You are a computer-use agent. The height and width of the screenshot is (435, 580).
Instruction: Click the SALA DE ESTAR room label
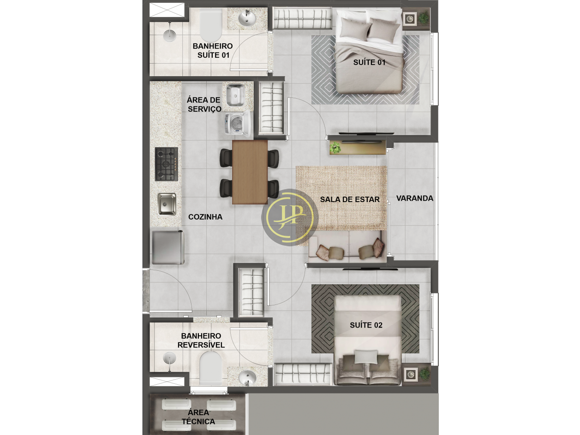[350, 199]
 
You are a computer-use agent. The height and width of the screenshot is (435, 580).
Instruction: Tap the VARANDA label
[415, 198]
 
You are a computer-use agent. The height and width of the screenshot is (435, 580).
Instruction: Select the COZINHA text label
[205, 217]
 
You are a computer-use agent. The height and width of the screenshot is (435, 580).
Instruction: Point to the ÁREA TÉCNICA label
[198, 417]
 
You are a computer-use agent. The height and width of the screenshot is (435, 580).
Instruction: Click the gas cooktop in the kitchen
[167, 164]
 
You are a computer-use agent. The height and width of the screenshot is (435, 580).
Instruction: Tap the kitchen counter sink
[167, 204]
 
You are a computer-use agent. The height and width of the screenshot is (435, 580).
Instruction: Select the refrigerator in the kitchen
[168, 247]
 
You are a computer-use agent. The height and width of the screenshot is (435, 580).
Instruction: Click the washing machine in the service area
[237, 124]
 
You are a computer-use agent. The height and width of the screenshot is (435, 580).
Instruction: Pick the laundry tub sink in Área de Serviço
[235, 95]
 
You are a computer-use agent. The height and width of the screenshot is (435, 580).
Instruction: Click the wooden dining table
[250, 172]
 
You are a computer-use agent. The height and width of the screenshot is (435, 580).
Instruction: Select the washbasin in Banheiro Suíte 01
[247, 18]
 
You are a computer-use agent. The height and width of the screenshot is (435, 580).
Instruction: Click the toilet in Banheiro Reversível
[210, 368]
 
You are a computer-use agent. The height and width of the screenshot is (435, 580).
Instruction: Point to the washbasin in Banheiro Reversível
[247, 378]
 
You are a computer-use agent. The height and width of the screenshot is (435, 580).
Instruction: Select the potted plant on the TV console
[335, 148]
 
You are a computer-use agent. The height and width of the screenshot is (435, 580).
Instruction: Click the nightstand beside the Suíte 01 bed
[410, 19]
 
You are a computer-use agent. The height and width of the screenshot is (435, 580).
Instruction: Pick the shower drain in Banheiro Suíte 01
[169, 35]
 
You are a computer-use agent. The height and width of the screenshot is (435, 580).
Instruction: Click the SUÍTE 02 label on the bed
[366, 325]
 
